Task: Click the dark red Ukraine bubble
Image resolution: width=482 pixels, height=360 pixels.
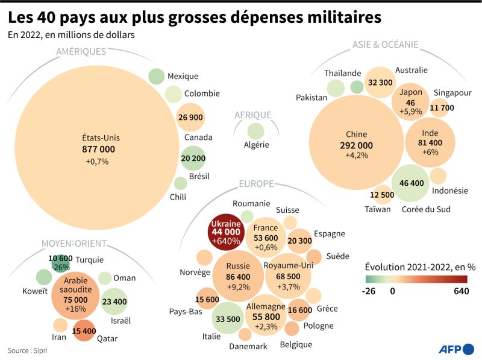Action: (x=224, y=232)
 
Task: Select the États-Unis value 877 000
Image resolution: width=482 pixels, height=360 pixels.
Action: (x=98, y=149)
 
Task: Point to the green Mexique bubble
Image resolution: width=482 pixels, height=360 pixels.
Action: (x=156, y=77)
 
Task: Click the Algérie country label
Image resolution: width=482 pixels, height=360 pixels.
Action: (x=256, y=145)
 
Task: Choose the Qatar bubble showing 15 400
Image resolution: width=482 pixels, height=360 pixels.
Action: (x=84, y=330)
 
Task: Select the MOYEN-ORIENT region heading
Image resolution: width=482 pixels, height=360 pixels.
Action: (x=74, y=244)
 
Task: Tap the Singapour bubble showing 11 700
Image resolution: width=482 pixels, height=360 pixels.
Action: (x=442, y=108)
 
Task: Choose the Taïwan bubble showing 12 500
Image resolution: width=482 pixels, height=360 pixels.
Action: (x=382, y=195)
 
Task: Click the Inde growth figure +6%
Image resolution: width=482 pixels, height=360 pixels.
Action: (x=430, y=152)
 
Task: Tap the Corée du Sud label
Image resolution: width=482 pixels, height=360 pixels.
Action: (x=426, y=209)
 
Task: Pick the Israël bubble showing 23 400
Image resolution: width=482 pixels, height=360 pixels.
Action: (x=114, y=302)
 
